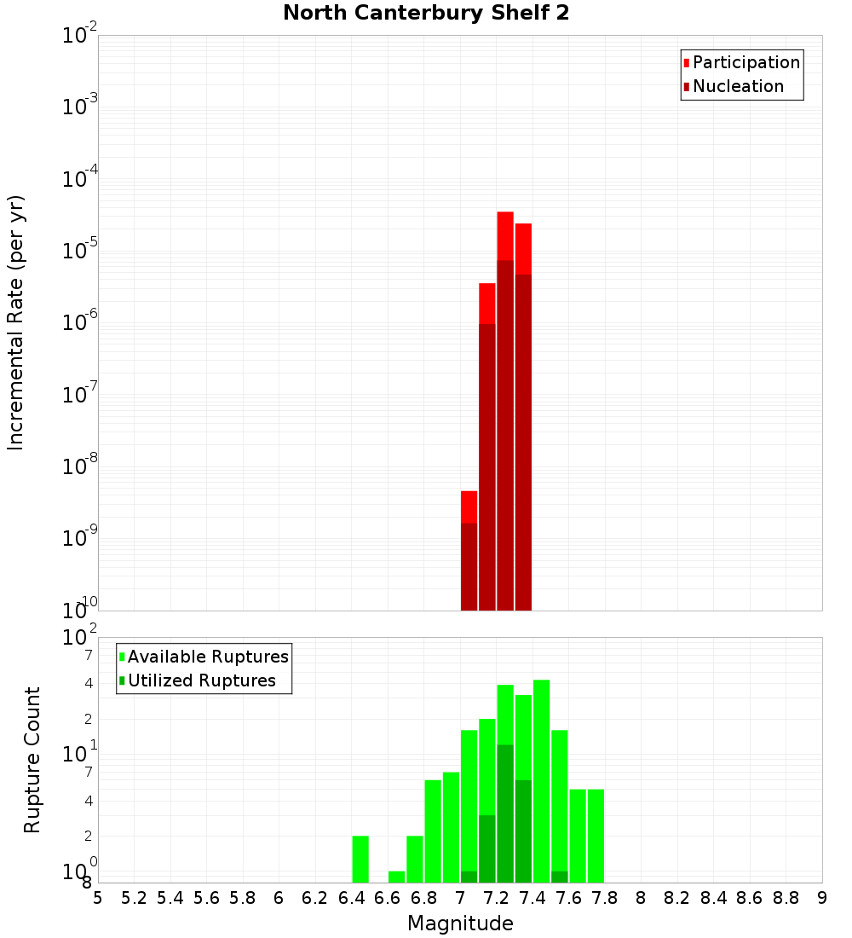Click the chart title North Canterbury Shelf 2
click(425, 14)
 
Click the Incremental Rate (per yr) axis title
click(16, 322)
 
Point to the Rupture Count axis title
click(32, 760)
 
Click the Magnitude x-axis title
click(460, 924)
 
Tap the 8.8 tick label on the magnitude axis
click(786, 898)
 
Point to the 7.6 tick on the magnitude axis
click(568, 898)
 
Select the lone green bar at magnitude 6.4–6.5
click(360, 859)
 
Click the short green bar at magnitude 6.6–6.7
click(396, 877)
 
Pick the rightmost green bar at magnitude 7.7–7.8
click(596, 836)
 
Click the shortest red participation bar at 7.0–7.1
click(469, 507)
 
